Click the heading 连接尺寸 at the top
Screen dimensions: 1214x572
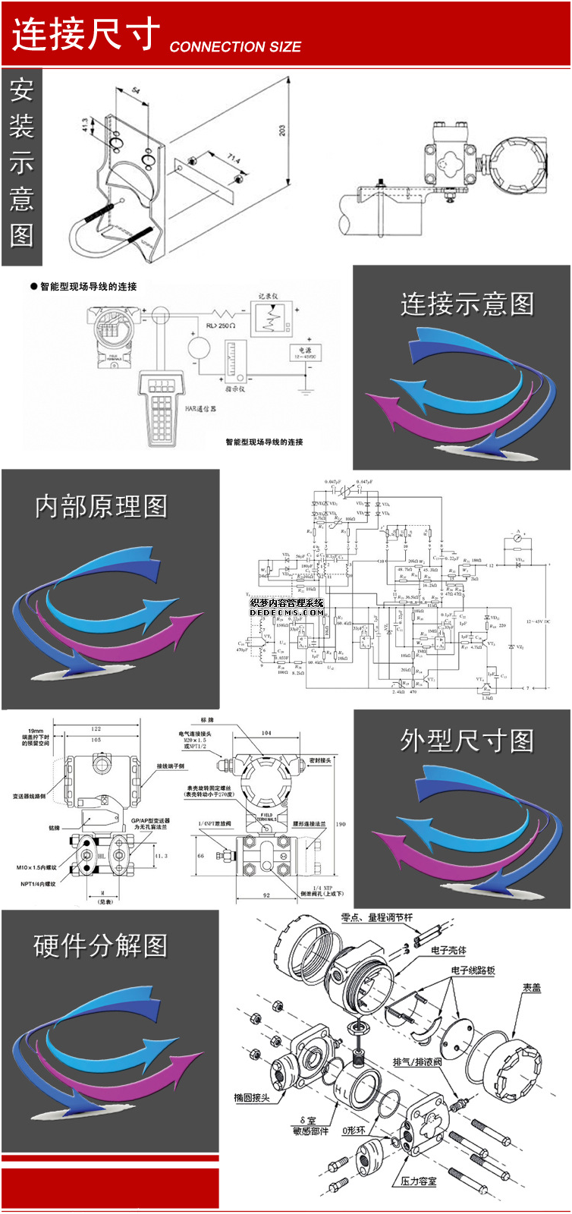(x=86, y=34)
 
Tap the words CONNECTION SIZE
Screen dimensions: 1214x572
(x=235, y=47)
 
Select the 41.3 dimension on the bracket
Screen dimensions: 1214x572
(x=85, y=125)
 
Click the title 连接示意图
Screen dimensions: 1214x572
(x=467, y=304)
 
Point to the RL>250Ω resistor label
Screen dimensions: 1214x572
(x=221, y=325)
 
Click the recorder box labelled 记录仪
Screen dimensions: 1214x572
(x=271, y=319)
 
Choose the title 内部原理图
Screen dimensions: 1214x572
(x=101, y=507)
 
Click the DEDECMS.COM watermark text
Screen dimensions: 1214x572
(x=287, y=612)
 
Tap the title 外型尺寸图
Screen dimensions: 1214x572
(x=467, y=741)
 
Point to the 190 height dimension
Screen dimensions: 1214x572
(x=341, y=824)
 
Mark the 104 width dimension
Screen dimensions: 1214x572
(x=266, y=733)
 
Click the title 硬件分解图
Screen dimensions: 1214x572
(x=101, y=946)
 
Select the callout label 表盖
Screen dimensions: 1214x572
(x=532, y=988)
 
